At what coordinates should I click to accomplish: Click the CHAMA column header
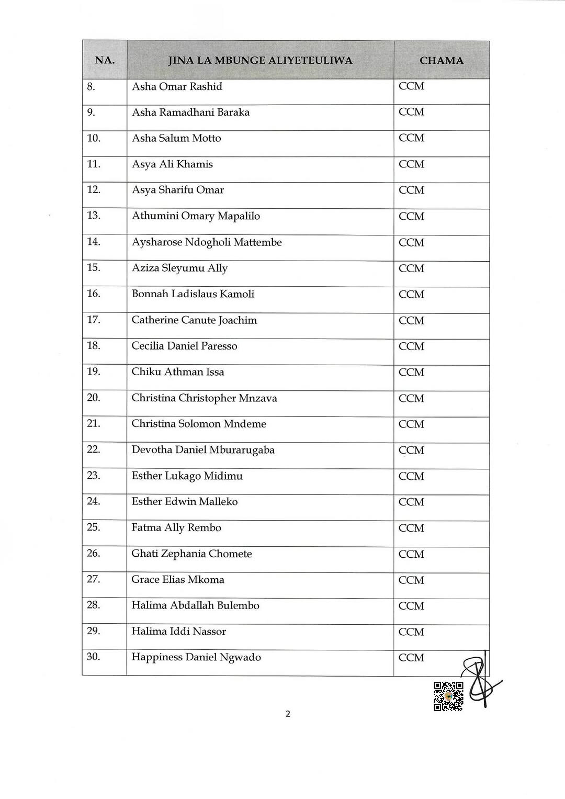point(441,61)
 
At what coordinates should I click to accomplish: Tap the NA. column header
point(105,60)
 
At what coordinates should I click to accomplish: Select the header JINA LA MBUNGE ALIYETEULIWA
point(260,61)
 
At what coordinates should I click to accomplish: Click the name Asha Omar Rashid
point(177,87)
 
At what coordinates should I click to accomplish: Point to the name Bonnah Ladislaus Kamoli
point(193,294)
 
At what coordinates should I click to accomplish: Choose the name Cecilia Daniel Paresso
point(184,346)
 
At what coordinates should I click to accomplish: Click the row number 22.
point(94,449)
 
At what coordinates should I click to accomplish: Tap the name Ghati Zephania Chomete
point(191,554)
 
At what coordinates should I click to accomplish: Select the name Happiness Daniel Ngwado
point(196,657)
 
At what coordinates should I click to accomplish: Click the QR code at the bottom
point(448,696)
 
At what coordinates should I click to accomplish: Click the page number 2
point(288,714)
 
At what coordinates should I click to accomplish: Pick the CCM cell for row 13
point(411,216)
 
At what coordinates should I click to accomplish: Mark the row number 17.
point(94,320)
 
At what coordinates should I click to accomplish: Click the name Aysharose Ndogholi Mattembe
point(207,242)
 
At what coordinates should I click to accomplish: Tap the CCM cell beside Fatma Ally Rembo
point(411,528)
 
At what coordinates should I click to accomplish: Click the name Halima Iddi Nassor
point(178,632)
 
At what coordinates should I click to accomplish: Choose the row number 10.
point(94,138)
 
